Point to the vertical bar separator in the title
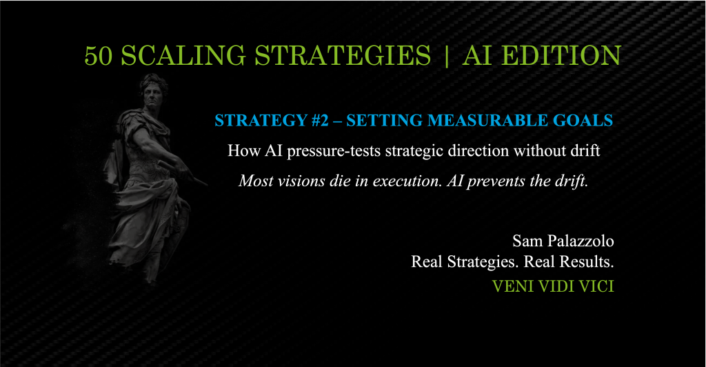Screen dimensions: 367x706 click(x=447, y=56)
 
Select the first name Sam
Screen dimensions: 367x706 click(x=526, y=241)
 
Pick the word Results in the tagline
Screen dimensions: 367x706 click(x=585, y=262)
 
